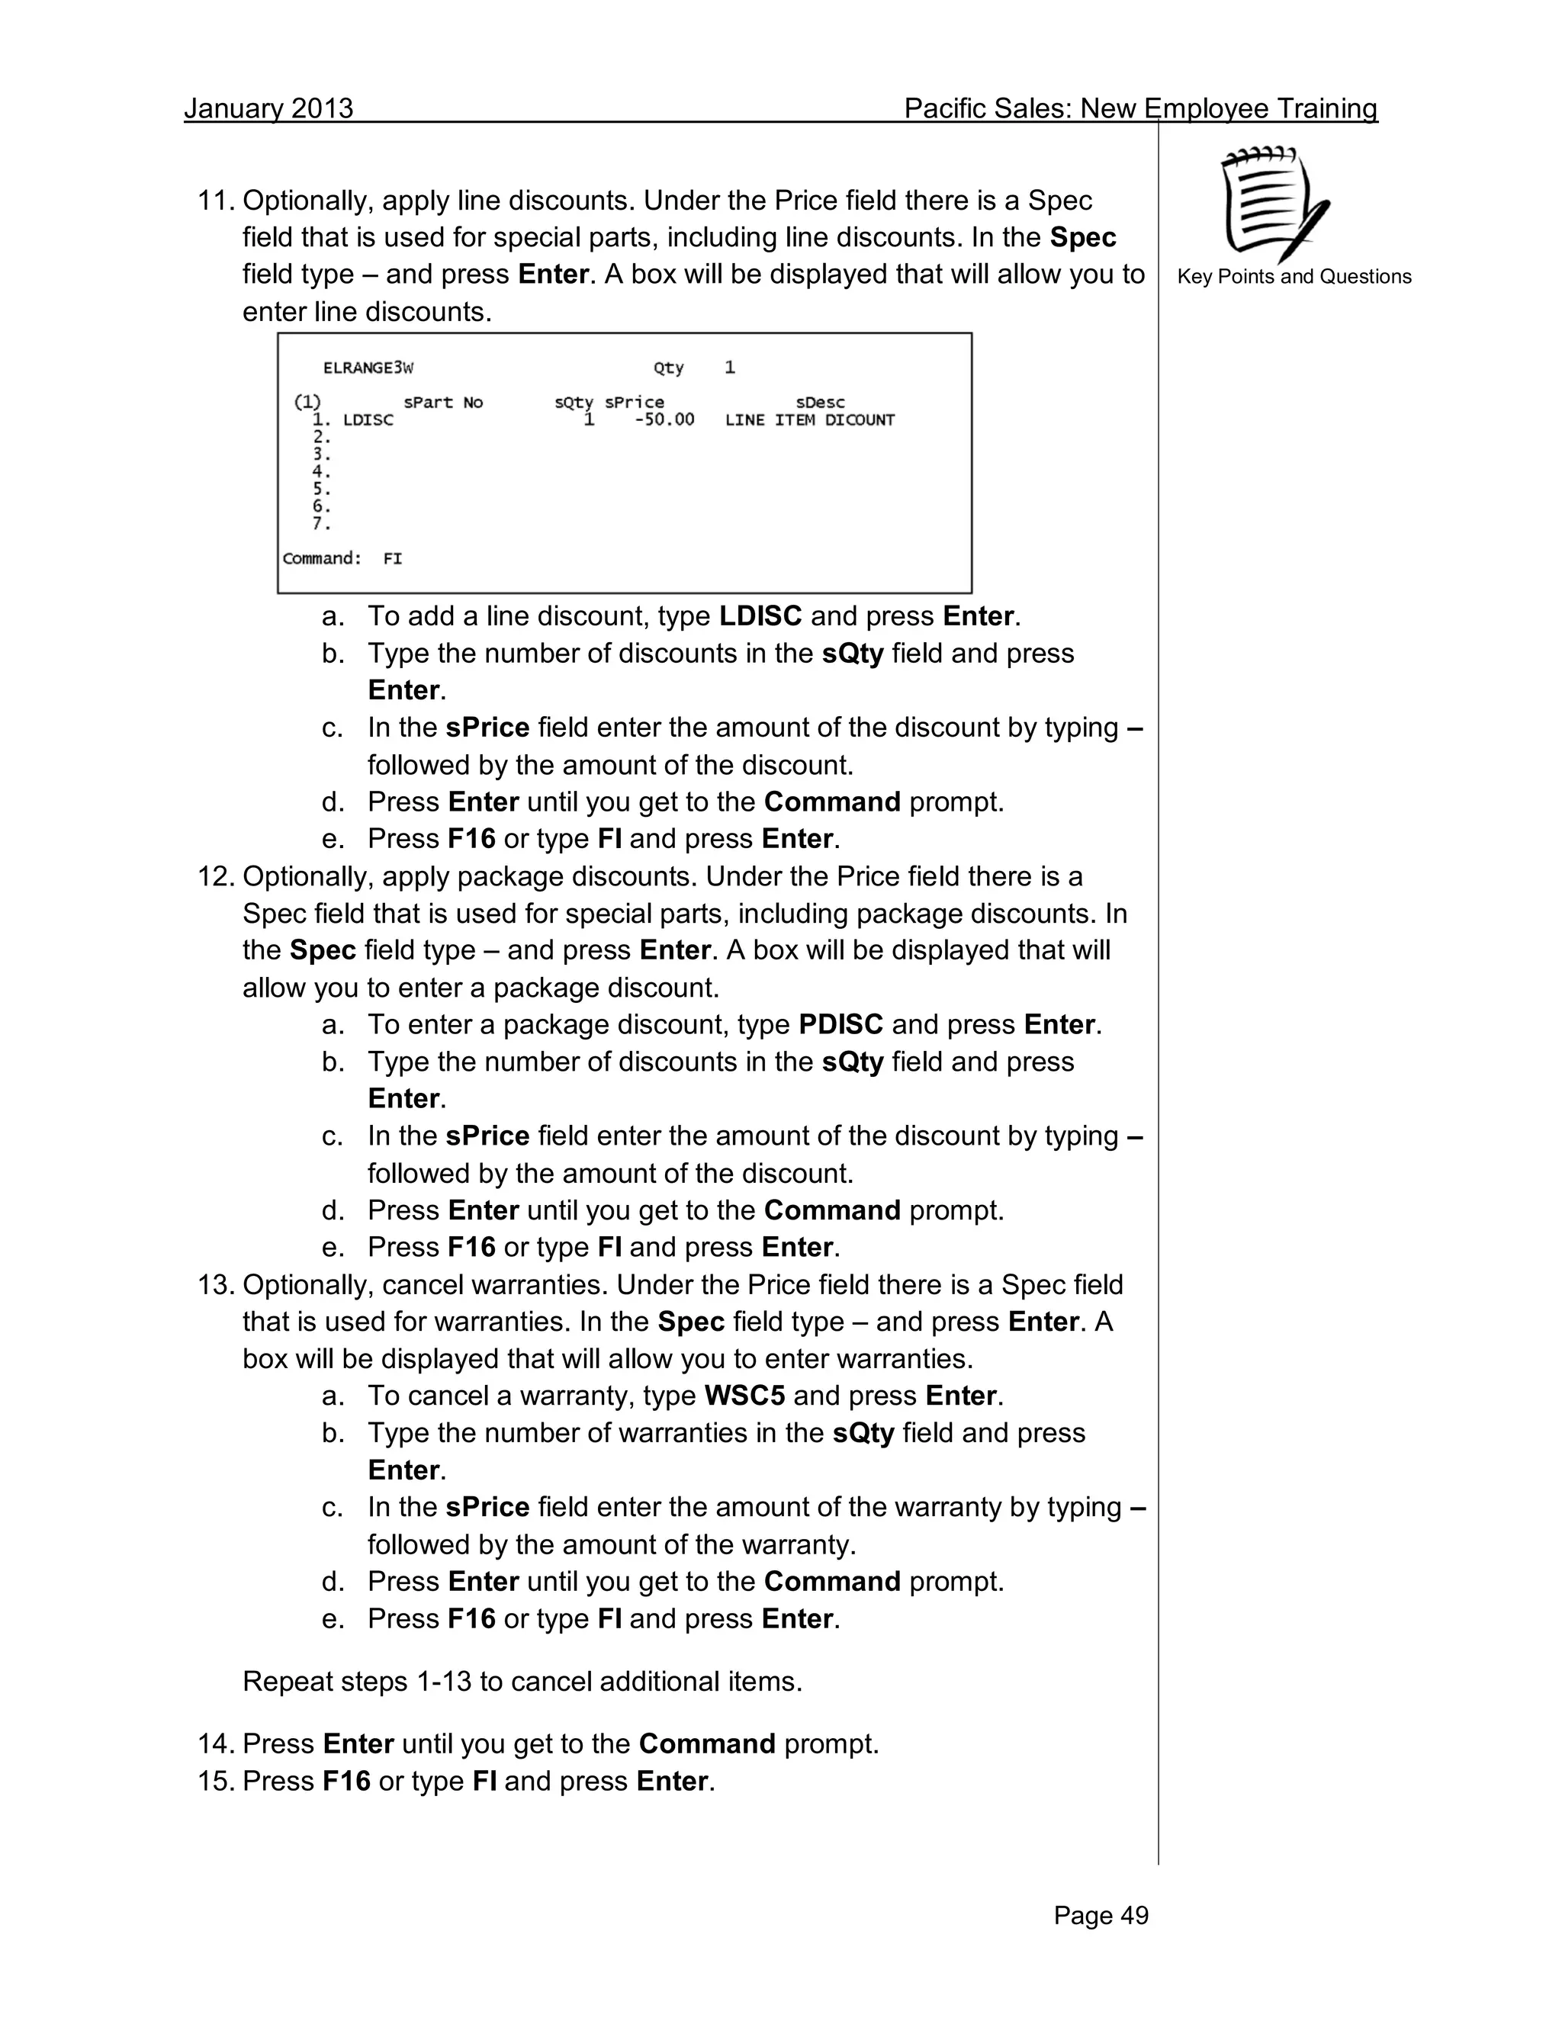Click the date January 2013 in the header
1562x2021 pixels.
[x=268, y=108]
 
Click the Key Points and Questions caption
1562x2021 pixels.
[x=1294, y=277]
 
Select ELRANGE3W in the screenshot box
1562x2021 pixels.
[x=368, y=368]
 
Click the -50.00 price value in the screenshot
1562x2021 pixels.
[x=664, y=420]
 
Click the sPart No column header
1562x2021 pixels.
[x=442, y=403]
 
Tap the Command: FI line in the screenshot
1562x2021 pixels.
[x=342, y=559]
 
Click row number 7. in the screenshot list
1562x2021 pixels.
[x=321, y=524]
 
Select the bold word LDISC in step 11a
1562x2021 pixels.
[x=760, y=616]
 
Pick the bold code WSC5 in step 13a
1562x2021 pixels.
[x=744, y=1396]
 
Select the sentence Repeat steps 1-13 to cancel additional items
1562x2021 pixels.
[x=522, y=1682]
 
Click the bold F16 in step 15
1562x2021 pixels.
[x=346, y=1782]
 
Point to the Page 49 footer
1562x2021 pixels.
[x=1101, y=1916]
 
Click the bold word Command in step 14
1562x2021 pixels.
[x=706, y=1744]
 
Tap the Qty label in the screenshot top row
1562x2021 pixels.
[x=668, y=368]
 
